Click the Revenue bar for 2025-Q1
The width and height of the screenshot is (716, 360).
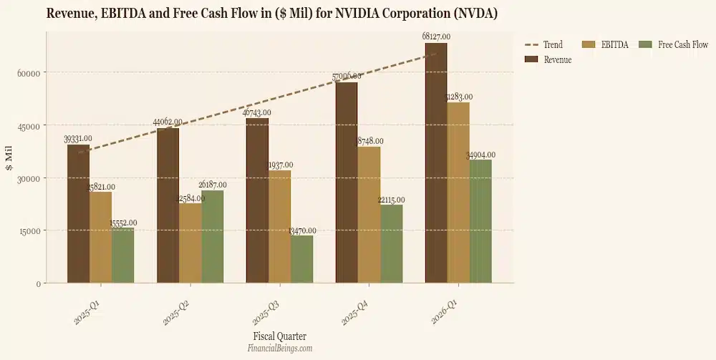79,214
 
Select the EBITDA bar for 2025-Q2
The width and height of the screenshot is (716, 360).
190,243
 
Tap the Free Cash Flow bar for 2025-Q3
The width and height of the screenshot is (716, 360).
301,259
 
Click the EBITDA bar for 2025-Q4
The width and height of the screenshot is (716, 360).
369,215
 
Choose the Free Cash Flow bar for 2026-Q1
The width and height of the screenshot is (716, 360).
480,221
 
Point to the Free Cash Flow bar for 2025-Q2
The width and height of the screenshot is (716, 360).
213,237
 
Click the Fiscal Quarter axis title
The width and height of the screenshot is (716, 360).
279,336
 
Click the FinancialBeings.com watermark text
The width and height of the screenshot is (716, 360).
279,349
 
